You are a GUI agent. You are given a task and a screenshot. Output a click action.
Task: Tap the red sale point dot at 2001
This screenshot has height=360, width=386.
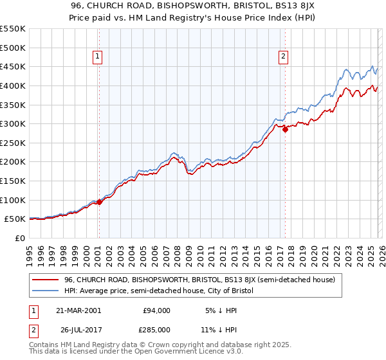point(100,202)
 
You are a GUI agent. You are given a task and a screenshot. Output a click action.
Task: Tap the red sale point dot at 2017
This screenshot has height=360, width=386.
point(286,129)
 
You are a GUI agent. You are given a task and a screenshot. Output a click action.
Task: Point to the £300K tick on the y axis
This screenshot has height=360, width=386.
point(13,123)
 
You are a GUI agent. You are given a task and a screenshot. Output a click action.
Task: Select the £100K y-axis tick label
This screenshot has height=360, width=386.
point(13,200)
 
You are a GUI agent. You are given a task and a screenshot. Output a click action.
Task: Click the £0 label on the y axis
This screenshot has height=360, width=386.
point(19,238)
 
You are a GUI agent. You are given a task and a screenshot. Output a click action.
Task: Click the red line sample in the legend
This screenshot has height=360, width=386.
point(46,280)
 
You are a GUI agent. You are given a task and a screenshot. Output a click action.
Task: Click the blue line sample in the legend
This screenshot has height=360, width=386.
point(46,291)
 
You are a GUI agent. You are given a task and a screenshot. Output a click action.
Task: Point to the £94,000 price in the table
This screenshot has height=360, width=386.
point(156,310)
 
